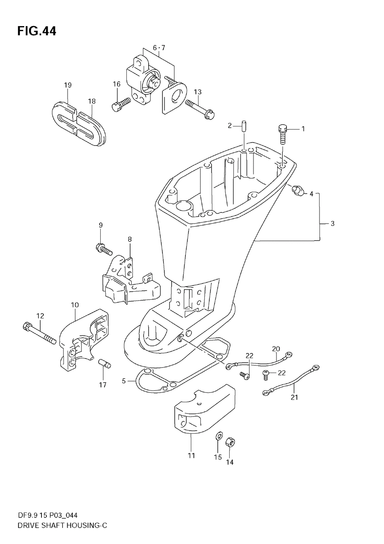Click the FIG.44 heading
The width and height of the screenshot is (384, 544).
coord(36,31)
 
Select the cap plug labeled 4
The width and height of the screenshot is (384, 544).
coord(297,190)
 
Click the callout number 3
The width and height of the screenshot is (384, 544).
coord(332,223)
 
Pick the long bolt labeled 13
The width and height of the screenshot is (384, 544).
coord(200,108)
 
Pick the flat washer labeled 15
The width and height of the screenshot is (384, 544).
coord(218,436)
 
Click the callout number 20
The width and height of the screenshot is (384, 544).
coord(276,348)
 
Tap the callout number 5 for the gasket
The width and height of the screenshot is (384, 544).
coord(124,381)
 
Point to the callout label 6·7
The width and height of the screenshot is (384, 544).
coord(159,48)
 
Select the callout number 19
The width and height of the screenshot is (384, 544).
coord(68,85)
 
